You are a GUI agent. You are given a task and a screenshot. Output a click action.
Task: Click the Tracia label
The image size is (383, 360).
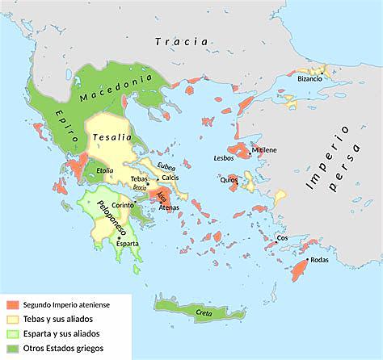[183, 40]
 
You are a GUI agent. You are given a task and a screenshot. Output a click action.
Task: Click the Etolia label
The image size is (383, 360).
[104, 170]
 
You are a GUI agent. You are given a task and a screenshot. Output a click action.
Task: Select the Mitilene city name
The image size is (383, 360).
[265, 150]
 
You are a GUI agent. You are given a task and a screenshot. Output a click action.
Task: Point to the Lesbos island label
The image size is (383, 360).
[224, 157]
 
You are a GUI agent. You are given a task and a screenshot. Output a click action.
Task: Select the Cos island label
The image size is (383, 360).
[282, 238]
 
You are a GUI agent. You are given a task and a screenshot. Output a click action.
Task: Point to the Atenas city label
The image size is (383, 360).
[169, 207]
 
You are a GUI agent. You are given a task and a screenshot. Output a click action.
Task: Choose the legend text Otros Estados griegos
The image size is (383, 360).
[64, 349]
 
